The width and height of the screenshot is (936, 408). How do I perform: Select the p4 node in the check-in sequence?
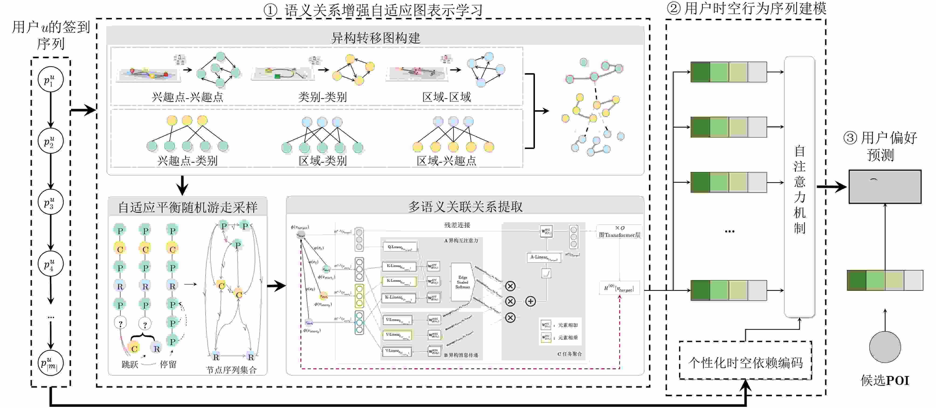pyautogui.click(x=51, y=264)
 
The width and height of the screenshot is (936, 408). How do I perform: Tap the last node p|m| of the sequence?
pyautogui.click(x=51, y=363)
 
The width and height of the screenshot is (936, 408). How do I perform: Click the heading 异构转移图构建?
pyautogui.click(x=375, y=38)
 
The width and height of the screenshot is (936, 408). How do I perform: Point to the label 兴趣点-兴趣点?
pyautogui.click(x=187, y=97)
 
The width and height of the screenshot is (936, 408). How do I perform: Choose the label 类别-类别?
pyautogui.click(x=322, y=97)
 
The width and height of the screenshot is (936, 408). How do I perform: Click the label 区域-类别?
pyautogui.click(x=322, y=161)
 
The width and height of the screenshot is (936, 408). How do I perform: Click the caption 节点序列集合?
pyautogui.click(x=231, y=370)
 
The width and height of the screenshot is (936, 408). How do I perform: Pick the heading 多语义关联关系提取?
pyautogui.click(x=465, y=206)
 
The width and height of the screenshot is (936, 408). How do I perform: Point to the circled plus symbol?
pyautogui.click(x=530, y=301)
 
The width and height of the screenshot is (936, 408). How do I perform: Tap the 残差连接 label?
pyautogui.click(x=457, y=225)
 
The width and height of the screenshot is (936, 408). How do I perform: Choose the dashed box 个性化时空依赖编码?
pyautogui.click(x=745, y=362)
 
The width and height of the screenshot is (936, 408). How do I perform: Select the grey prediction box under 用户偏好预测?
pyautogui.click(x=885, y=187)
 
